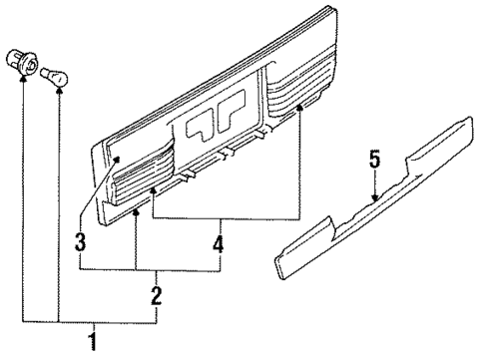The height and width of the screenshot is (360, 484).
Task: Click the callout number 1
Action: (x=93, y=345)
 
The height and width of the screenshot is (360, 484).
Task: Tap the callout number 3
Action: (x=81, y=241)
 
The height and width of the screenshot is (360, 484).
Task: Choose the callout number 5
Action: (x=373, y=159)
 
